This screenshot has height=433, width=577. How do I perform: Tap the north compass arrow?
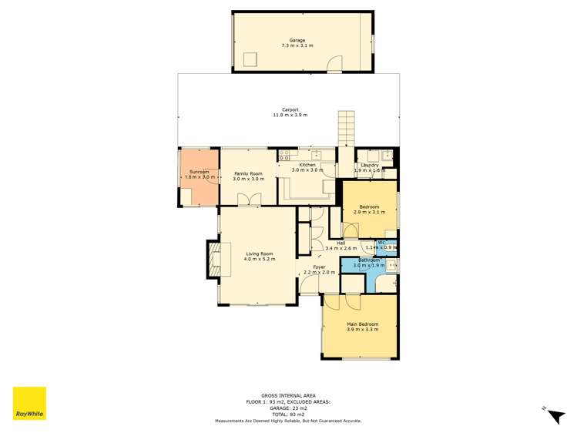pos(554,415)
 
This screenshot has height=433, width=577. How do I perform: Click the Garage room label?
pos(297,40)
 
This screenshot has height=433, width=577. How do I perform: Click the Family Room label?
pos(248,174)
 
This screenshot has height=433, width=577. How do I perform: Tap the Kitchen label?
pos(307,166)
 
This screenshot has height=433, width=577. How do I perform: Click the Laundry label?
pos(369,165)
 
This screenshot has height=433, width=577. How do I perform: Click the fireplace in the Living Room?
pos(214,259)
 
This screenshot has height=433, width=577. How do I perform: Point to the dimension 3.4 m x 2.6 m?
pos(341,248)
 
